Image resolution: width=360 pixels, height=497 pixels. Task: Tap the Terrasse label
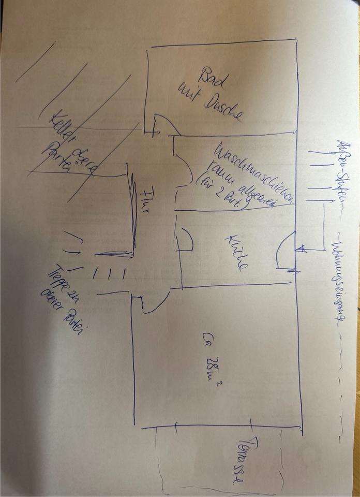248,461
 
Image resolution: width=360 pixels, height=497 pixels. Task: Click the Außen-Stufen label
342,171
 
